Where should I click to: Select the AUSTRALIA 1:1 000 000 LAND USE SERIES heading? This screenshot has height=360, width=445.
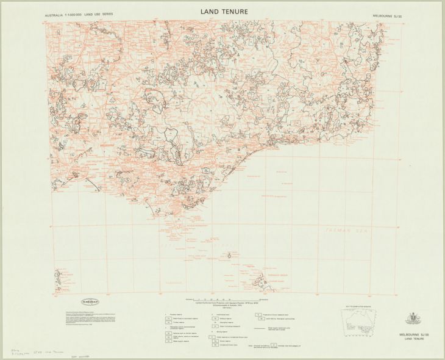point(78,13)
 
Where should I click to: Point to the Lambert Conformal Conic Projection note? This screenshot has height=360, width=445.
point(222,304)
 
